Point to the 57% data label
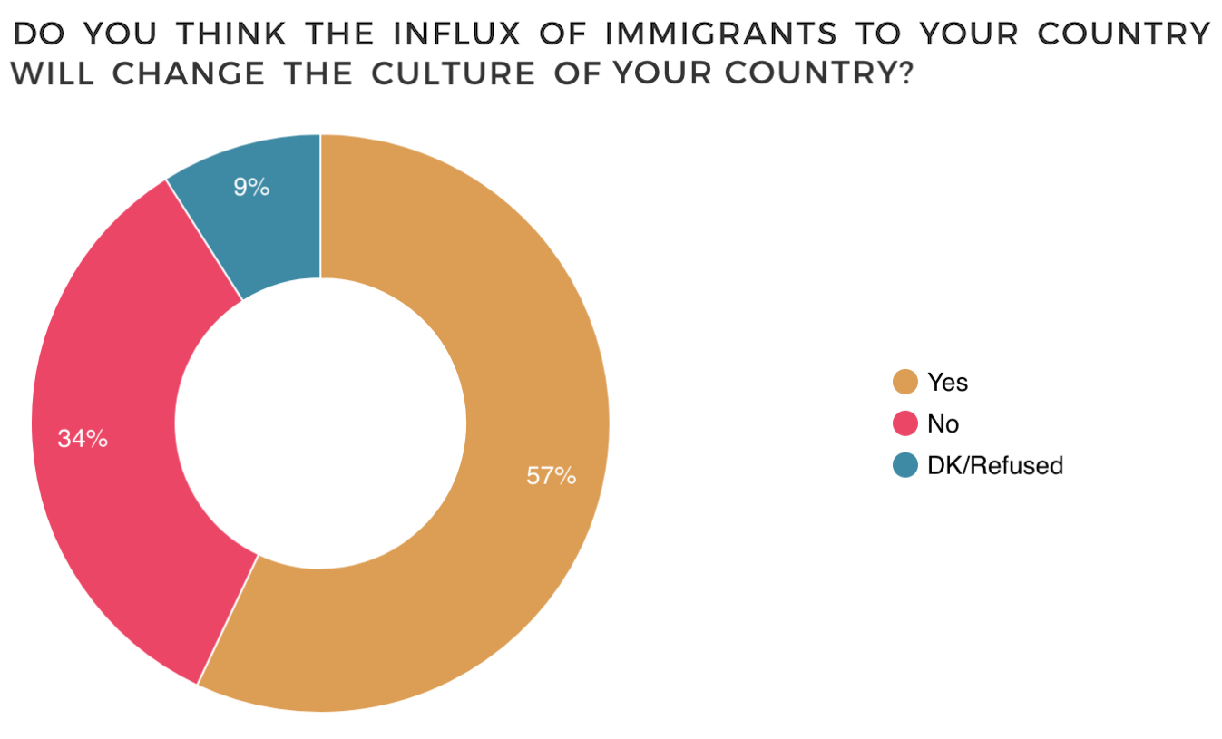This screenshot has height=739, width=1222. coord(551,475)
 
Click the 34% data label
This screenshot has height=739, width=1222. coord(83,439)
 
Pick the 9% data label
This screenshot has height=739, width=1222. coord(250,188)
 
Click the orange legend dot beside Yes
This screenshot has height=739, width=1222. coord(905,382)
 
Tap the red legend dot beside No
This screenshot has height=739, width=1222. coord(905,423)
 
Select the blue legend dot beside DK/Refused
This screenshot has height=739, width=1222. coord(905,465)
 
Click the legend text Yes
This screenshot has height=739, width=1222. coord(947,382)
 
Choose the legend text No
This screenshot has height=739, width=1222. coord(943,423)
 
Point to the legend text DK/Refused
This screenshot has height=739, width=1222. coord(994,465)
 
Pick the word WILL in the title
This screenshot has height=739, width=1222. coord(54,74)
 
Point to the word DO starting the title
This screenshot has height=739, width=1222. coord(40,34)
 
